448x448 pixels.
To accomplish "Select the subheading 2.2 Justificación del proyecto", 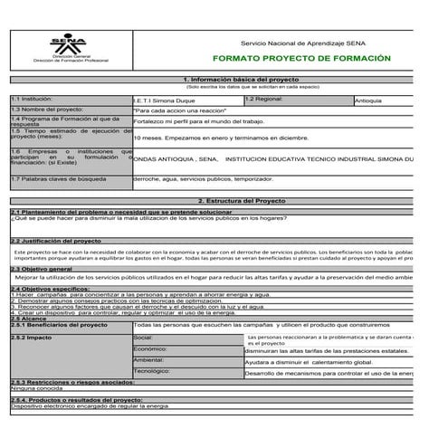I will (x=56, y=241).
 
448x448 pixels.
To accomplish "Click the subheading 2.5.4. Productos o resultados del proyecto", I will (x=76, y=399).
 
